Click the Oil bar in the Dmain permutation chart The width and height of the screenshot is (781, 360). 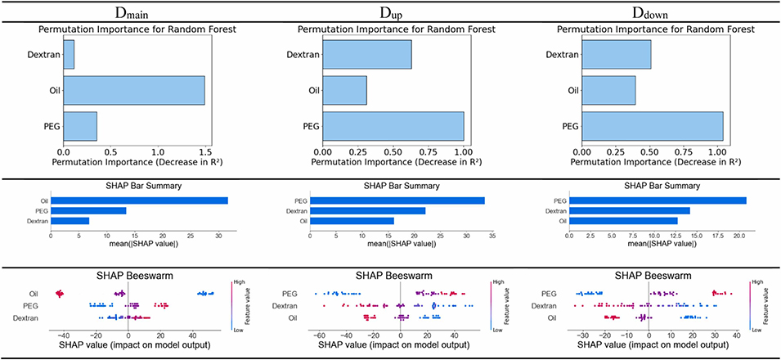pyautogui.click(x=134, y=90)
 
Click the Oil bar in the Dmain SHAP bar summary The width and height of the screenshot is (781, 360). pyautogui.click(x=139, y=200)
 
